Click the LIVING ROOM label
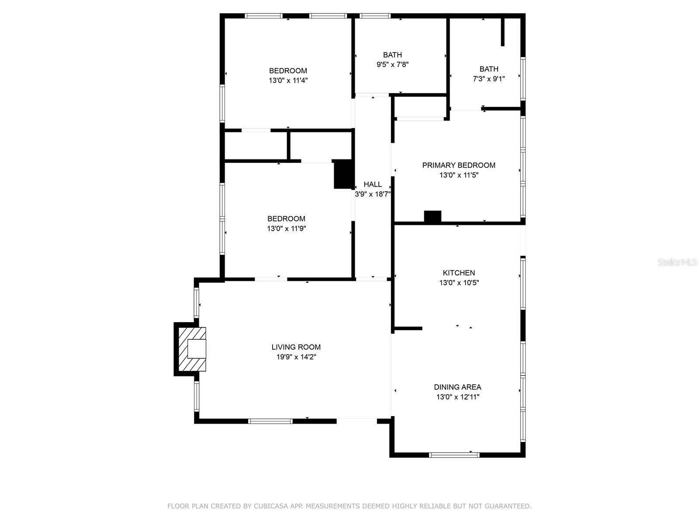pos(296,347)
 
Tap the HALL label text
pos(373,184)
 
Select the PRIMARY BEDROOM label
pos(459,165)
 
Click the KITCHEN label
pos(459,273)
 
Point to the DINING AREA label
pos(457,387)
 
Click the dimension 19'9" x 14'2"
pos(296,357)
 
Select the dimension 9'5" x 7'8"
pos(392,65)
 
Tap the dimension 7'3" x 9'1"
pos(489,79)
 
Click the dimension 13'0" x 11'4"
pos(288,80)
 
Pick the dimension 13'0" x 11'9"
pos(286,228)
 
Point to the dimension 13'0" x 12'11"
pos(457,397)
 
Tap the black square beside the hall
pos(344,174)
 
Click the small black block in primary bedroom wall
pos(433,217)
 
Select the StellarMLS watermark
pos(677,262)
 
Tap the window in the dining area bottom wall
pos(454,455)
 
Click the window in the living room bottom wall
pos(270,421)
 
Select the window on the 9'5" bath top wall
pos(375,16)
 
